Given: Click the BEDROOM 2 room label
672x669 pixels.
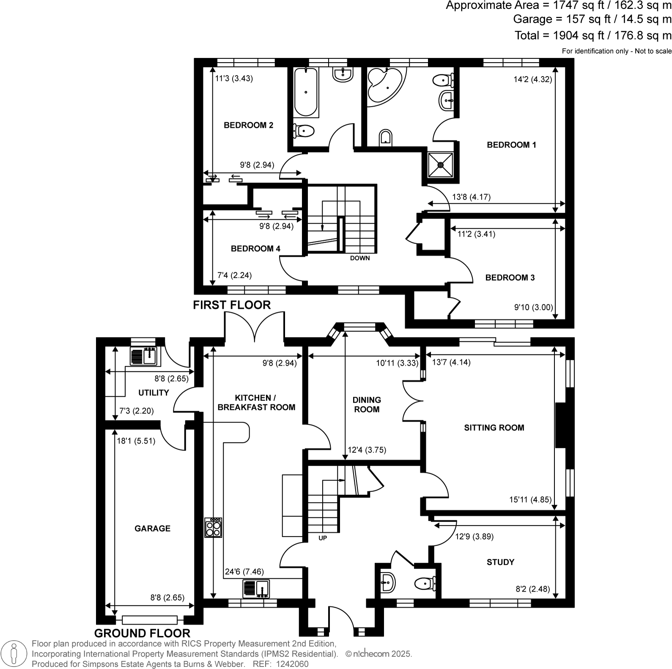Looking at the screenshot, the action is [x=248, y=125].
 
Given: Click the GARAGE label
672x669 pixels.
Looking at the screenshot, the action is [x=152, y=528].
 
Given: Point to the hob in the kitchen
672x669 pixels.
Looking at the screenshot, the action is [x=213, y=527].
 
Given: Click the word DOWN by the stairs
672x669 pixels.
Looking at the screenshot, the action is [x=359, y=258].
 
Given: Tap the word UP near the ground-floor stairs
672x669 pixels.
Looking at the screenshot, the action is [x=323, y=538].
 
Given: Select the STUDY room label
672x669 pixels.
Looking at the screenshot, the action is [x=500, y=562].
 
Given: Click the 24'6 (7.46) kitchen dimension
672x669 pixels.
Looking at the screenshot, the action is [x=244, y=572].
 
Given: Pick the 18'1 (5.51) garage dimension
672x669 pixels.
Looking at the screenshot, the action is [x=136, y=441].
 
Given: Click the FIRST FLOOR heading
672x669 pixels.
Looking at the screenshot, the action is [x=232, y=305].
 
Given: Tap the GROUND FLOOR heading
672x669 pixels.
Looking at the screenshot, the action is [x=142, y=633].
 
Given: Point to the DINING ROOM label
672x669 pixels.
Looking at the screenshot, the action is [x=367, y=404].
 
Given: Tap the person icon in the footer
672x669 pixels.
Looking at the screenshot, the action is [x=15, y=654].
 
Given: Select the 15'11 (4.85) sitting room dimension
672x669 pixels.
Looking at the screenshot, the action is [x=530, y=499].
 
